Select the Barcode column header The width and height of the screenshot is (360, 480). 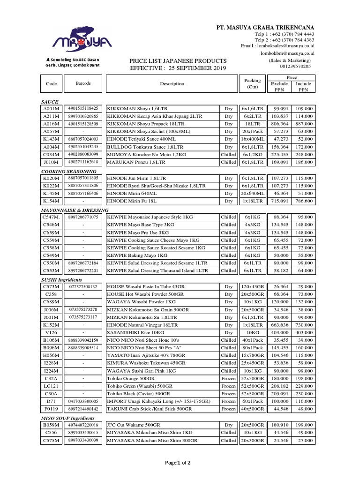coord(83,83)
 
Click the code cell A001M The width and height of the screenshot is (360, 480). coord(51,109)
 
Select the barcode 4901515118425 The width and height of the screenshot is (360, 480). coord(83,109)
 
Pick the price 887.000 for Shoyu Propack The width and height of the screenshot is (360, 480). coord(304,124)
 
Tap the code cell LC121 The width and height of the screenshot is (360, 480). coord(51,385)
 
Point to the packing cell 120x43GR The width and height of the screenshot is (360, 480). coord(253,286)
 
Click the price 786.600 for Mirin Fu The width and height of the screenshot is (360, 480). coord(304,201)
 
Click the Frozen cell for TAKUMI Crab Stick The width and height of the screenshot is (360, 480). coord(228,409)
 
